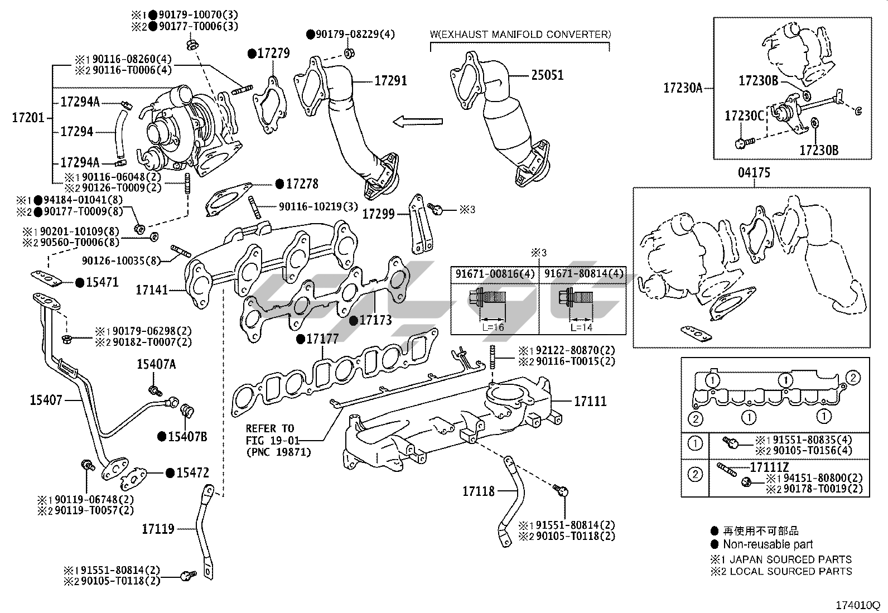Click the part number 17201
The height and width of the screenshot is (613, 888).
27,118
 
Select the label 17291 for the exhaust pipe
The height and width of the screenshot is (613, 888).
390,81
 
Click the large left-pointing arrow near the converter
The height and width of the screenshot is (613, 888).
417,122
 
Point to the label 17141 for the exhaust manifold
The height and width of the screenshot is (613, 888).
152,290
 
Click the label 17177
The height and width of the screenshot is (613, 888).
322,339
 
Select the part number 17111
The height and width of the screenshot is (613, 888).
590,401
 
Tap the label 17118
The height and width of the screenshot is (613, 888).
478,491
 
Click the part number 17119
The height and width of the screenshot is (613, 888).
158,529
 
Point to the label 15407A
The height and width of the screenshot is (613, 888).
156,364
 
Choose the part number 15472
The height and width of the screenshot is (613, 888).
192,473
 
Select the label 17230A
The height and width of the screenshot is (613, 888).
683,88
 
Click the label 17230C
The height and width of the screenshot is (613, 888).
744,116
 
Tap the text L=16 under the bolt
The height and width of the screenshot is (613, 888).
493,327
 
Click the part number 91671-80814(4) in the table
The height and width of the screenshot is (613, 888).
584,274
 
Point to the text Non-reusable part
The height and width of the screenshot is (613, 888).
768,544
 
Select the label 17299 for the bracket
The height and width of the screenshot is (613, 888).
378,214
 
